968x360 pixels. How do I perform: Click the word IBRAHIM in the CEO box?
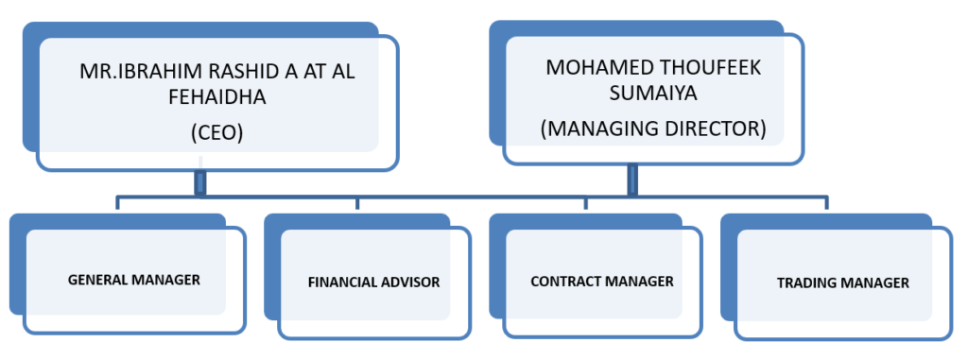pos(156,72)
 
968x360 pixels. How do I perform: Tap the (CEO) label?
pos(216,133)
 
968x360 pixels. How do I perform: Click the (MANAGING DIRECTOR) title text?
pos(652,129)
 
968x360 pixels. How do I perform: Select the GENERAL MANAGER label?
pos(133,280)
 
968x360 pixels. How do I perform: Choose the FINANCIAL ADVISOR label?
pos(373,282)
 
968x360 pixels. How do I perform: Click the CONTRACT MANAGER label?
pos(601,281)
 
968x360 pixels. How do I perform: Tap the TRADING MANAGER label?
pos(842,283)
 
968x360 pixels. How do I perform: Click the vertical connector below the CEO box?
pos(199,181)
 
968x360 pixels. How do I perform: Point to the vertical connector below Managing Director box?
pos(632,180)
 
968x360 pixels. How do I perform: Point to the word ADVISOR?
pos(412,282)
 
